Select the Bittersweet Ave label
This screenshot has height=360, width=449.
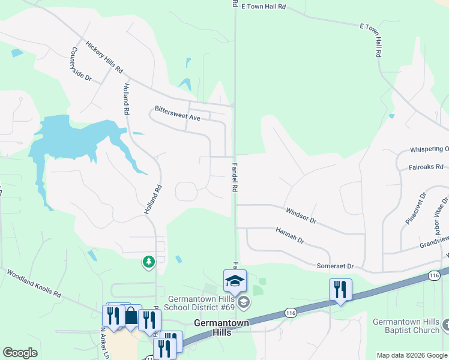(177, 113)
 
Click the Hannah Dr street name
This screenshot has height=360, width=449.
(290, 235)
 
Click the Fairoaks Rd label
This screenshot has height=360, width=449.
(426, 167)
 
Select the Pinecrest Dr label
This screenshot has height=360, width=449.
(415, 208)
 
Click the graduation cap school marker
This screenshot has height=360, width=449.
(235, 280)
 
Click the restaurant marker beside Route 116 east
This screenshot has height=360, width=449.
(340, 290)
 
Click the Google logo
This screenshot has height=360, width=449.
(20, 353)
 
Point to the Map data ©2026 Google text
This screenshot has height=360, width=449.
(412, 355)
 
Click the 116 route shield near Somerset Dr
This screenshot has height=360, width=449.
(435, 275)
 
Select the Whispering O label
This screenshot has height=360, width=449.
(429, 149)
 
